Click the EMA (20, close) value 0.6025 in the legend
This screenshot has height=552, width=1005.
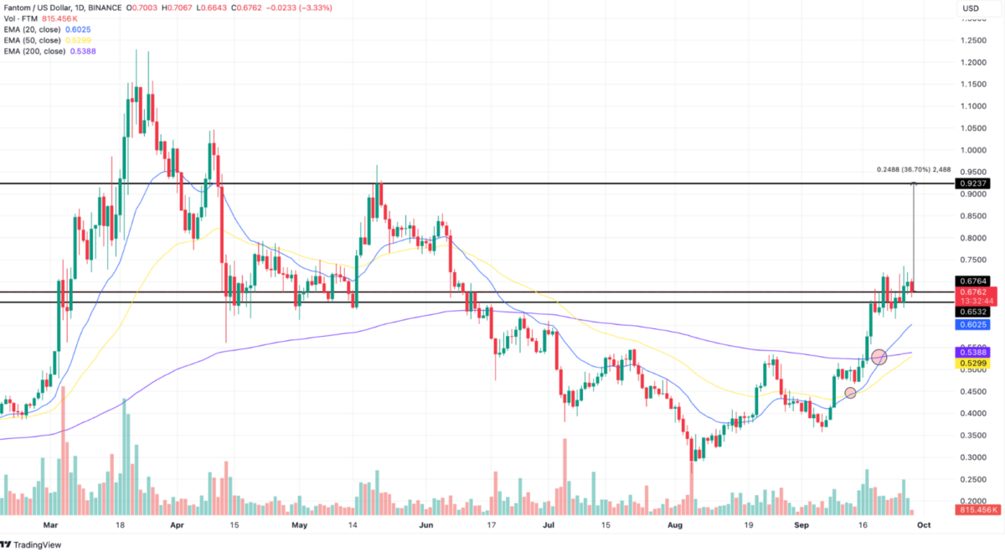[x=78, y=29]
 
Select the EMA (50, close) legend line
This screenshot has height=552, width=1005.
[x=47, y=40]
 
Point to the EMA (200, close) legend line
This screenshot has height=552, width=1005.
[x=49, y=51]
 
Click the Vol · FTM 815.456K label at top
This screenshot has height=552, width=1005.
[x=41, y=19]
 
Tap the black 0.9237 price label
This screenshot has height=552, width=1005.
[x=972, y=183]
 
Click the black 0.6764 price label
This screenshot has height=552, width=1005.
[x=972, y=281]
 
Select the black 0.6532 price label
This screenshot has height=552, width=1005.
[x=972, y=312]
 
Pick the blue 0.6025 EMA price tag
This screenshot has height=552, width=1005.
[x=972, y=324]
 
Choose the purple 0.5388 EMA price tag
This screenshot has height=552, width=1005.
[x=972, y=353]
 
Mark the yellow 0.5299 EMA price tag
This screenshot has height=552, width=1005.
[x=972, y=363]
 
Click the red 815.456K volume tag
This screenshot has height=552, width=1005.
[x=977, y=510]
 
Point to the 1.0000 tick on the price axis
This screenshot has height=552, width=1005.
[x=973, y=150]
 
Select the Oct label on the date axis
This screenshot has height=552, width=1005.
[x=924, y=525]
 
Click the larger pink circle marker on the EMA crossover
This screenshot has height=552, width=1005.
[x=879, y=357]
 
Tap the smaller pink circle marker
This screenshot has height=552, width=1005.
[x=850, y=393]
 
